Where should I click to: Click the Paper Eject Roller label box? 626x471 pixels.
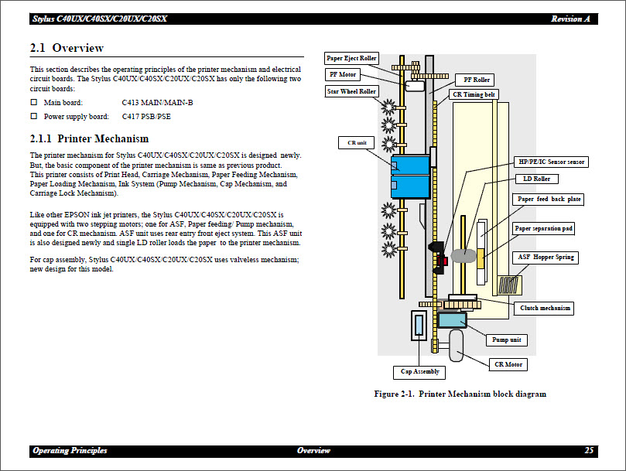click(352, 59)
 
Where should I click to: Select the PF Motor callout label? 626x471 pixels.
click(342, 75)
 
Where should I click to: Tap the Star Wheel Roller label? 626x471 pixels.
click(351, 91)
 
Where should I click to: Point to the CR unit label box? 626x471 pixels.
click(356, 143)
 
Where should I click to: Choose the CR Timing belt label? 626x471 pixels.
click(474, 95)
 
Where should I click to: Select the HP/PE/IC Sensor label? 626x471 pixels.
click(551, 162)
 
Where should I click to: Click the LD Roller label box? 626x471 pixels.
click(536, 179)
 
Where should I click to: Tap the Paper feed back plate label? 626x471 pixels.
click(548, 200)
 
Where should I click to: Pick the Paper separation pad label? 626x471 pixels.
click(544, 228)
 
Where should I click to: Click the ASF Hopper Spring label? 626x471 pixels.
click(546, 258)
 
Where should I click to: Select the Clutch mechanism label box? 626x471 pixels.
click(545, 308)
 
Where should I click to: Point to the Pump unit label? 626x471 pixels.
click(507, 340)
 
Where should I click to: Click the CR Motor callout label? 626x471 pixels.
click(508, 364)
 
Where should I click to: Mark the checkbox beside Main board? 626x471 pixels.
click(34, 102)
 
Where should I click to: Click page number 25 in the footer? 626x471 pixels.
click(589, 451)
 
